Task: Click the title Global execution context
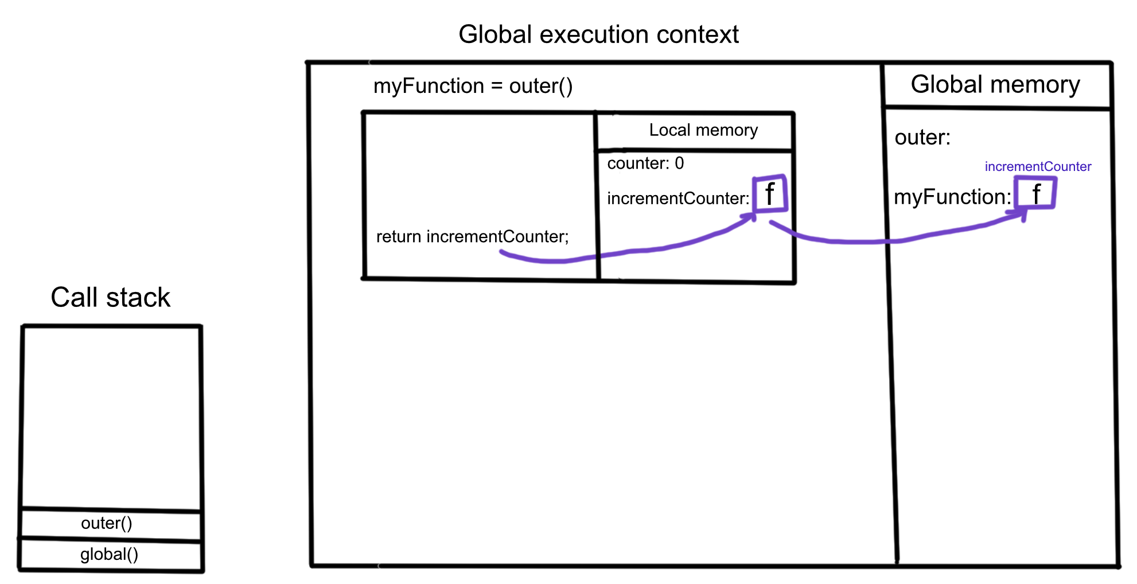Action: (x=598, y=34)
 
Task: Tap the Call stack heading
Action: (x=110, y=297)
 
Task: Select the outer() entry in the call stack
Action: (x=107, y=523)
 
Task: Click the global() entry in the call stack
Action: (x=109, y=554)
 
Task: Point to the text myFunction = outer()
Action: (x=473, y=86)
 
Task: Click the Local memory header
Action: (x=703, y=130)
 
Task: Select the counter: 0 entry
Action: (x=645, y=163)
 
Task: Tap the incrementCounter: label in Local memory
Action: (x=678, y=198)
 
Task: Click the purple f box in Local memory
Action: (x=769, y=194)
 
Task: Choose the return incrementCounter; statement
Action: (x=473, y=236)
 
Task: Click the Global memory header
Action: (x=995, y=85)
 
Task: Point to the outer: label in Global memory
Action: (x=922, y=138)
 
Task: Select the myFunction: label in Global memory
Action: (x=952, y=197)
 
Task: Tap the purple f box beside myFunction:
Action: (x=1035, y=193)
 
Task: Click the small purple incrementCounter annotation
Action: (x=1038, y=166)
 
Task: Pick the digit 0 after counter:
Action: (x=679, y=163)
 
